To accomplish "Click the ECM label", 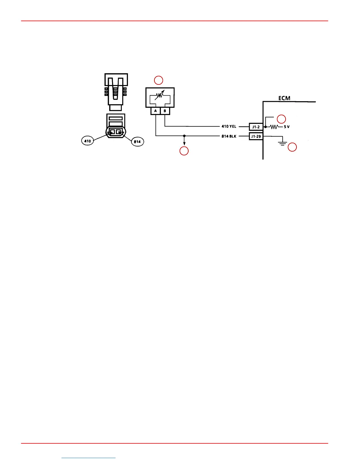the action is click(x=284, y=98).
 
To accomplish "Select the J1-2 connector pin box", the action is click(x=256, y=127).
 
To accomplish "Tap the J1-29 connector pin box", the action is click(x=256, y=136).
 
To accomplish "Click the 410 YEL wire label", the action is click(x=229, y=127).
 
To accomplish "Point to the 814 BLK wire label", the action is click(x=229, y=136).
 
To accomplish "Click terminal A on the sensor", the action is click(x=156, y=111).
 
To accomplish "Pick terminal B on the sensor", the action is click(x=165, y=111).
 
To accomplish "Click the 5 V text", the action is click(x=286, y=127).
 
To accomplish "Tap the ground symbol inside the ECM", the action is click(x=283, y=144).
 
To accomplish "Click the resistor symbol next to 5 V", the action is click(x=274, y=127).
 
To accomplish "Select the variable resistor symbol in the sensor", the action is click(x=160, y=95).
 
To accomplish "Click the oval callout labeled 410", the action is click(x=88, y=141).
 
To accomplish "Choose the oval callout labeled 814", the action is click(x=137, y=142).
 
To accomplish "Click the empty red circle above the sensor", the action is click(x=159, y=80).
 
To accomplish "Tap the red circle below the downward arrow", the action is click(x=184, y=151).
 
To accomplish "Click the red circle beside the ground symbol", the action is click(x=292, y=147).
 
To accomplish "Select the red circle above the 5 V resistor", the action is click(x=281, y=119).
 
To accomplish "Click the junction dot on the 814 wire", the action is click(x=184, y=136).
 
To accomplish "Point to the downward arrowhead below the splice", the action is click(x=184, y=144).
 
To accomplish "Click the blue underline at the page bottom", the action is click(x=89, y=458).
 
